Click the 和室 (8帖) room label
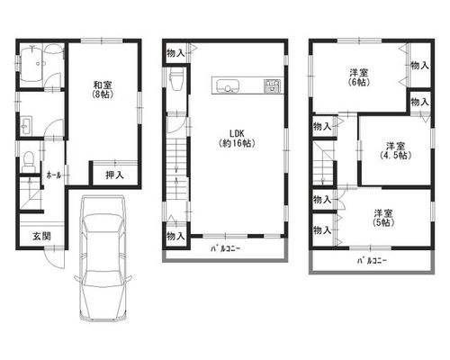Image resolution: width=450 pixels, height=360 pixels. (x=103, y=89)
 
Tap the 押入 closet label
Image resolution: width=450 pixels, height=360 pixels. (x=114, y=175)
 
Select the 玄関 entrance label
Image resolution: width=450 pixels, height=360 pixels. (x=41, y=237)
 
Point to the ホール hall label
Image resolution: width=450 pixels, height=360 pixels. (x=54, y=175)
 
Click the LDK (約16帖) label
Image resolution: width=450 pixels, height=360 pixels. (x=237, y=139)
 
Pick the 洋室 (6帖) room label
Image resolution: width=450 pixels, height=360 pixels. (x=359, y=77)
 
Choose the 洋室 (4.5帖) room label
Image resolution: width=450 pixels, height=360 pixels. (x=395, y=150)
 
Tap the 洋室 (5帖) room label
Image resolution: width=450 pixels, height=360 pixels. (x=383, y=218)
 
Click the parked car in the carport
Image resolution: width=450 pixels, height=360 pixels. (x=103, y=258)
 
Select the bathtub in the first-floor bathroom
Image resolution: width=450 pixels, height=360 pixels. (x=32, y=64)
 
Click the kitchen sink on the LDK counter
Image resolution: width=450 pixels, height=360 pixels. (x=228, y=85)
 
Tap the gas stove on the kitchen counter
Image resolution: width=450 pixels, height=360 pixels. (x=272, y=85)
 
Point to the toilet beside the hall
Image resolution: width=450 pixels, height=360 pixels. (x=29, y=161)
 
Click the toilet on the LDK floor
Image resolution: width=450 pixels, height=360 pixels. (x=175, y=79)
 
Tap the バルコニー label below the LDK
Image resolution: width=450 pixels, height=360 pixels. (x=226, y=248)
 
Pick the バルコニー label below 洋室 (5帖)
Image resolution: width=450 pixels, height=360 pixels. (x=372, y=261)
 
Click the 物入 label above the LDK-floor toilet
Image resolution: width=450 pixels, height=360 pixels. (x=175, y=53)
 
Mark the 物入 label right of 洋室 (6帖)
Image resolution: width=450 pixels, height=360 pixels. (x=419, y=65)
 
